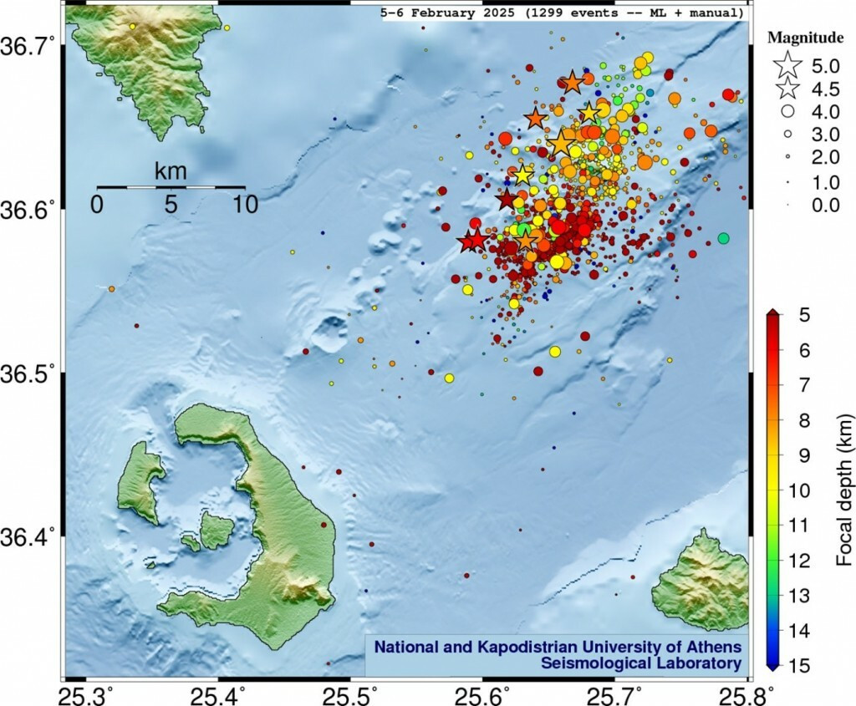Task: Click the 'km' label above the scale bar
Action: click(x=171, y=172)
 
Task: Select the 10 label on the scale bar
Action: click(x=244, y=204)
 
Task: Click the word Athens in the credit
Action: click(x=714, y=647)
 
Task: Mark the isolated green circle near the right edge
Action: click(x=723, y=238)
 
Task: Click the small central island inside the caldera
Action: click(x=217, y=530)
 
